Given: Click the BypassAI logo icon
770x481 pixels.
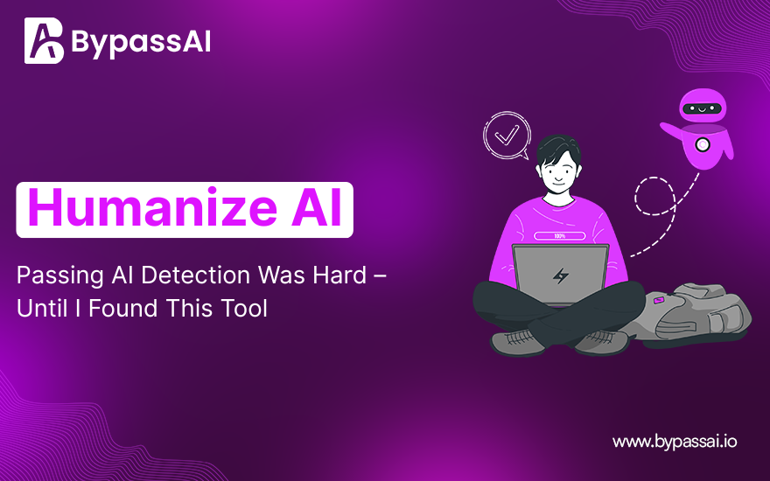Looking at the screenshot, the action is pyautogui.click(x=44, y=41).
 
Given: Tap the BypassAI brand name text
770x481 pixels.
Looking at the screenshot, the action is pyautogui.click(x=142, y=42).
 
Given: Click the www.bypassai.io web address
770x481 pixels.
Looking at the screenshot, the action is pyautogui.click(x=675, y=442).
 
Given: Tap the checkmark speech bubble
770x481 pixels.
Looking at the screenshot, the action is pyautogui.click(x=507, y=136).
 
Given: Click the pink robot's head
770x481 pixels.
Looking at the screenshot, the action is pyautogui.click(x=703, y=106).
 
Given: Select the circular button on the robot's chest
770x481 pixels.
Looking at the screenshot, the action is pyautogui.click(x=703, y=144).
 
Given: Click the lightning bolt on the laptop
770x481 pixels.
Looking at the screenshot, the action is pyautogui.click(x=560, y=275).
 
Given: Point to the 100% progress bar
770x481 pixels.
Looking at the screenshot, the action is pyautogui.click(x=559, y=236).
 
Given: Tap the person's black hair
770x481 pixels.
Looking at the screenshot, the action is pyautogui.click(x=558, y=150).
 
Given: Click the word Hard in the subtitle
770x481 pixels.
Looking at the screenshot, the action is pyautogui.click(x=339, y=275).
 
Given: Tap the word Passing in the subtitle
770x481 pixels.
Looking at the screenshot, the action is pyautogui.click(x=59, y=276).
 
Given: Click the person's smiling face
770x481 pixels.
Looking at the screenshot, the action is pyautogui.click(x=558, y=175).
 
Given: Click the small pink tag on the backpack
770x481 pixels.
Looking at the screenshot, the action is pyautogui.click(x=659, y=300).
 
